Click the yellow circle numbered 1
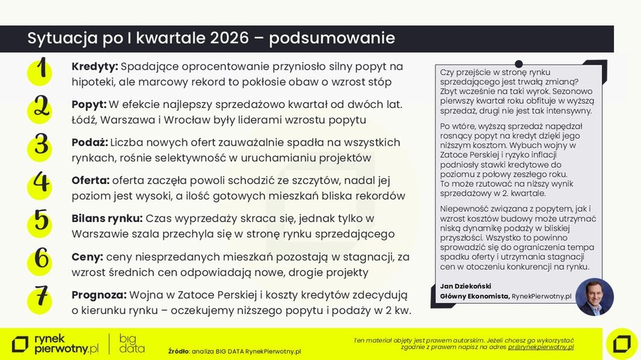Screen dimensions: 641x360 [x=42, y=71]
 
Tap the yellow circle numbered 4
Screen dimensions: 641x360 [x=42, y=183]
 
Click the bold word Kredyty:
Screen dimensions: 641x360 [x=95, y=67]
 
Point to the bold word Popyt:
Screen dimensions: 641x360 [x=89, y=104]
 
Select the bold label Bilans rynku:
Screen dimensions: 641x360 [x=107, y=218]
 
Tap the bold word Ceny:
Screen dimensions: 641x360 [x=87, y=256]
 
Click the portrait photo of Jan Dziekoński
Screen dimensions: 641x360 [x=594, y=297]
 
